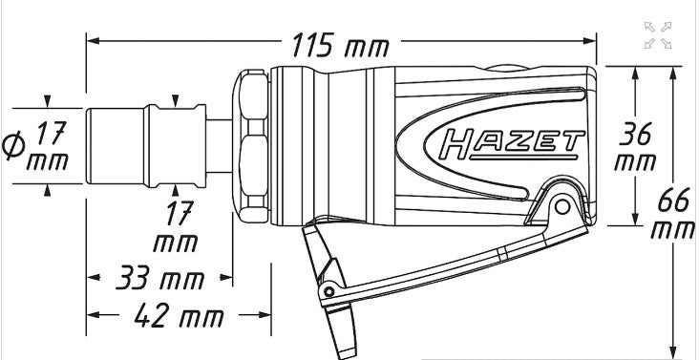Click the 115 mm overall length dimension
click(x=340, y=45)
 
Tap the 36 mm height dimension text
click(x=635, y=146)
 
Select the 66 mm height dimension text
click(x=673, y=214)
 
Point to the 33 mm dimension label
click(x=160, y=278)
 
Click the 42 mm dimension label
click(x=179, y=315)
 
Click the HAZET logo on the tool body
click(x=511, y=145)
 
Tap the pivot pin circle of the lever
click(x=562, y=206)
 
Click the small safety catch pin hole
click(x=329, y=292)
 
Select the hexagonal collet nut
click(x=251, y=146)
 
